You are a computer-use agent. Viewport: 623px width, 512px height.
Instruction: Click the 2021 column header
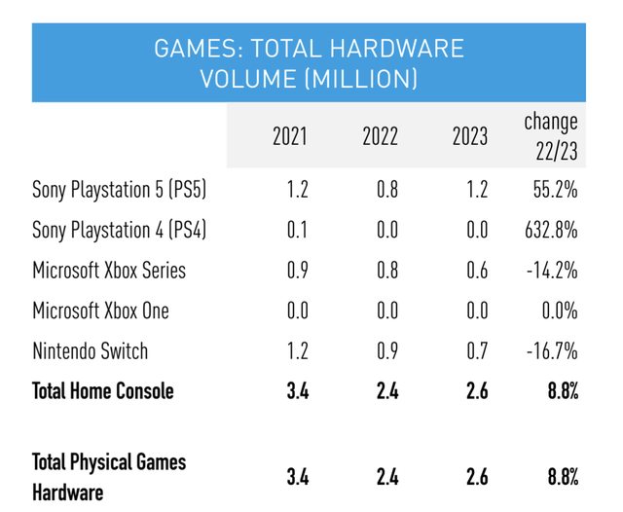[289, 136]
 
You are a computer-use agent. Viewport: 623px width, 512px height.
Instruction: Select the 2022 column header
[379, 136]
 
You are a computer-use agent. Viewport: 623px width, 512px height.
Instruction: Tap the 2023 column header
[469, 136]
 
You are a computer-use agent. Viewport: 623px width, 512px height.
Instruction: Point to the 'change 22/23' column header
[551, 135]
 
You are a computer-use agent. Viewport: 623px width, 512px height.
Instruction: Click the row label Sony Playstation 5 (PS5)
[119, 190]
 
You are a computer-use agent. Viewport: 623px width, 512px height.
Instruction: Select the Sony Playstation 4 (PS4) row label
[119, 231]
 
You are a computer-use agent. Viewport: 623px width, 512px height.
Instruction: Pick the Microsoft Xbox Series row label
[108, 271]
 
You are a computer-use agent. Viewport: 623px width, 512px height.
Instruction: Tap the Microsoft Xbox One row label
[100, 311]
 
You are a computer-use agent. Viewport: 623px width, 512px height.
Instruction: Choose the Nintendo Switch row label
[91, 350]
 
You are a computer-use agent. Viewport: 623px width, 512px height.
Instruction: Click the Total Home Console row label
[103, 391]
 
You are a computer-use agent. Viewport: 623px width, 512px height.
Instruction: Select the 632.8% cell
[552, 231]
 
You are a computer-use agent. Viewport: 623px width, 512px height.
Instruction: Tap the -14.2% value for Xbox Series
[554, 271]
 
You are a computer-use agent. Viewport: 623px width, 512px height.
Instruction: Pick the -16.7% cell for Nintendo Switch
[554, 350]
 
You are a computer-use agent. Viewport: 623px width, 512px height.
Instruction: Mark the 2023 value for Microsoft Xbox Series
[476, 271]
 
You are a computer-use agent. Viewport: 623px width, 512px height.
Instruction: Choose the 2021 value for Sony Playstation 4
[296, 231]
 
